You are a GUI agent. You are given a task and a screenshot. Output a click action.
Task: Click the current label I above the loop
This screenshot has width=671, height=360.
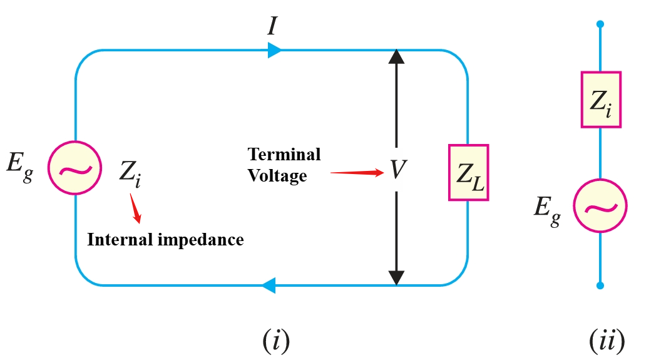pyautogui.click(x=273, y=26)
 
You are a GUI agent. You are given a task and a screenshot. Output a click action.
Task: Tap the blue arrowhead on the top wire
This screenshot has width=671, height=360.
pyautogui.click(x=274, y=50)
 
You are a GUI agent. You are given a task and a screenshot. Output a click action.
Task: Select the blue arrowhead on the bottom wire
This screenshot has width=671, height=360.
pyautogui.click(x=269, y=286)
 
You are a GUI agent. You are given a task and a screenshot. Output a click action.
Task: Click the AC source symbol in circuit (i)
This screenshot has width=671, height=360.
pyautogui.click(x=75, y=167)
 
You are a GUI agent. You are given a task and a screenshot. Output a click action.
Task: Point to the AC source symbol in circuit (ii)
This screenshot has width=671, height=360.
pyautogui.click(x=600, y=206)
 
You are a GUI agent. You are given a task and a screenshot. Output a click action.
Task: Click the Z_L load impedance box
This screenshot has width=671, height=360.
pyautogui.click(x=468, y=173)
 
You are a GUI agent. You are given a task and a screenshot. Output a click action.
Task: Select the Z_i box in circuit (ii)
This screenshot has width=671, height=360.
pyautogui.click(x=600, y=100)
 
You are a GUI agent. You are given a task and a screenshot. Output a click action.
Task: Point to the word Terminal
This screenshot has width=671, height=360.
pyautogui.click(x=284, y=154)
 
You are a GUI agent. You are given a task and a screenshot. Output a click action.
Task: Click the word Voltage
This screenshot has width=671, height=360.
pyautogui.click(x=277, y=175)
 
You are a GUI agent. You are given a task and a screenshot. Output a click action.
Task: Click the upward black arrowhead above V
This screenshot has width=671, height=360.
pyautogui.click(x=396, y=58)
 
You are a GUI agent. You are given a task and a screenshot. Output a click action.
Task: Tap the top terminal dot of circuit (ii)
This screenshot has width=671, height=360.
pyautogui.click(x=600, y=24)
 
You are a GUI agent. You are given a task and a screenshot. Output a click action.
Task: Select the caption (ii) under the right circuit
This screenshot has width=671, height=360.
pyautogui.click(x=607, y=341)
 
